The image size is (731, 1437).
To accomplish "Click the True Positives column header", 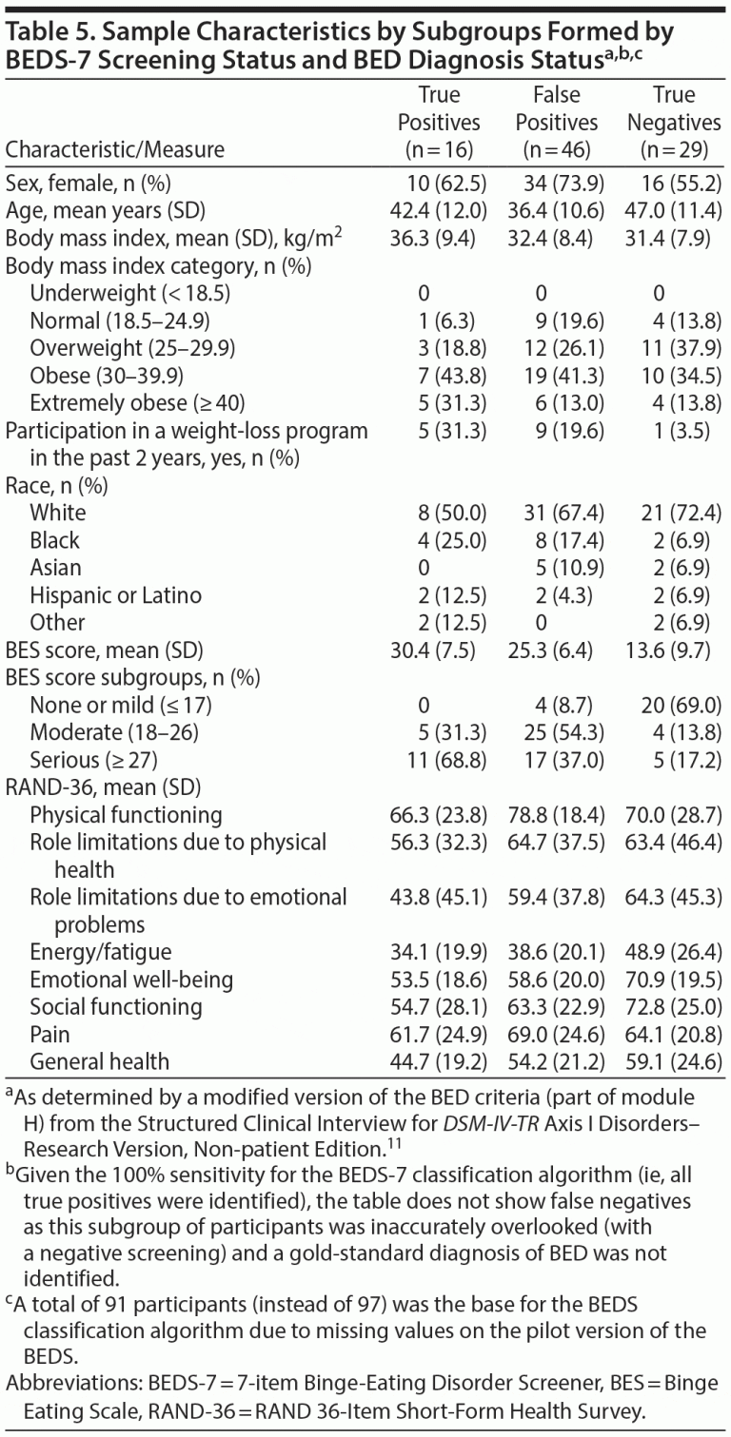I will [x=439, y=122].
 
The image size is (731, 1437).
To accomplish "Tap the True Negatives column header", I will [x=675, y=122].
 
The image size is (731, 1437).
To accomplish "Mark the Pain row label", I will [x=49, y=1034].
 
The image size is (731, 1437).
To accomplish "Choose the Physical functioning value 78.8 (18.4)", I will [x=557, y=815].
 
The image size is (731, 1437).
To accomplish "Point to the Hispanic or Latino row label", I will [x=116, y=595].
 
